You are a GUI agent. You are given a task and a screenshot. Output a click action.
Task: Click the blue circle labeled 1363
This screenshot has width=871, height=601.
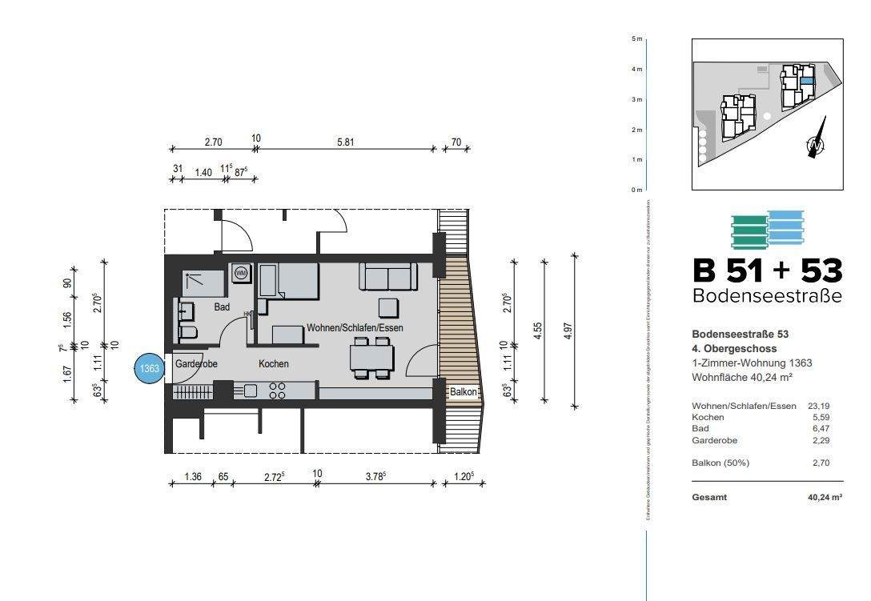tap(150, 368)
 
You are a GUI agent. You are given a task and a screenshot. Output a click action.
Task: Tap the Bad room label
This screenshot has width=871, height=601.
tap(222, 307)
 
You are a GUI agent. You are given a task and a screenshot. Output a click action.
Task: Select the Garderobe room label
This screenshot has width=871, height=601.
tap(196, 364)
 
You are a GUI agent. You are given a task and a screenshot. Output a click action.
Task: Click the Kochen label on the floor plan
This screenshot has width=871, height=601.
tap(273, 364)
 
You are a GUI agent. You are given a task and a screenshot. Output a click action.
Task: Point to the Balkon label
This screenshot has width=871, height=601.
tap(464, 392)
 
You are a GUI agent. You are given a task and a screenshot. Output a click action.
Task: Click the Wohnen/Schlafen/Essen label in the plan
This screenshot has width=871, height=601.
tap(355, 328)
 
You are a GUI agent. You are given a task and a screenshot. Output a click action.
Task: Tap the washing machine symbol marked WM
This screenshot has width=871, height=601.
tap(240, 274)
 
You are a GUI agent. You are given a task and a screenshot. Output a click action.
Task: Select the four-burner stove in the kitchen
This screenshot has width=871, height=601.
tap(278, 391)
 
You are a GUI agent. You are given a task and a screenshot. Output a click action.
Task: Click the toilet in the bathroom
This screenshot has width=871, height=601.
tap(187, 332)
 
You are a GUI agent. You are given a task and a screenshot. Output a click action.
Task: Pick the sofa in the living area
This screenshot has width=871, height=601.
tap(388, 277)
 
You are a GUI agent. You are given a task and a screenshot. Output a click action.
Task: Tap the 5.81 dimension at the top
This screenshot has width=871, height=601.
tap(346, 142)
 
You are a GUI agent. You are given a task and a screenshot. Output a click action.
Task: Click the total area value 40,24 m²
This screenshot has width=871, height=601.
tap(825, 498)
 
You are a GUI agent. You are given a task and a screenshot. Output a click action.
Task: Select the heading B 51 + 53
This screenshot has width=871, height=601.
tap(767, 271)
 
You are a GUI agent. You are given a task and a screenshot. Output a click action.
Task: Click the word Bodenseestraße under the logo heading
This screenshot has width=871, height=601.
tap(767, 296)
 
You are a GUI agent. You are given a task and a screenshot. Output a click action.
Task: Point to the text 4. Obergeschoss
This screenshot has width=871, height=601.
tap(734, 349)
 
